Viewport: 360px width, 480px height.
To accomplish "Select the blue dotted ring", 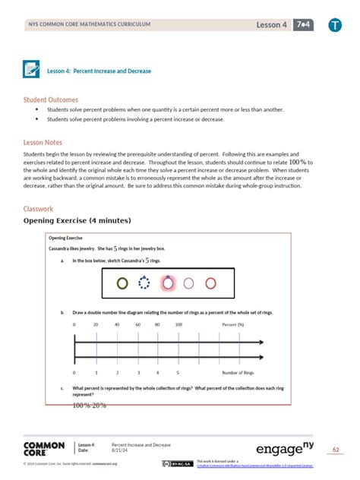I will click(x=145, y=283).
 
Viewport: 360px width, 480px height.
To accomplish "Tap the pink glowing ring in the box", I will click(x=168, y=283).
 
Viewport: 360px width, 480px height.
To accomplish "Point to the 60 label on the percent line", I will click(x=137, y=324).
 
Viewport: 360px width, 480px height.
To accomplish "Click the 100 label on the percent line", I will click(x=178, y=324).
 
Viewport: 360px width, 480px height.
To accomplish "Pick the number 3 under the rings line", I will click(x=137, y=373).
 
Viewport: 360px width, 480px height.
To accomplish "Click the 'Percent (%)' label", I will click(x=233, y=324).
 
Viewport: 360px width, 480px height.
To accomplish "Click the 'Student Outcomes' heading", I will click(x=51, y=99).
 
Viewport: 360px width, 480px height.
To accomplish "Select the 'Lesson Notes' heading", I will click(x=43, y=142).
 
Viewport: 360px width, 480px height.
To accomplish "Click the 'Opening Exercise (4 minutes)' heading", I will click(x=77, y=220).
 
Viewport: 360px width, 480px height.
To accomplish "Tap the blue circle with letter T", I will click(x=335, y=26).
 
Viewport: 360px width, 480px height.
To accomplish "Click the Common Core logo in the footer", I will click(x=44, y=448).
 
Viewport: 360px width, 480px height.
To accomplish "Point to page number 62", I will click(x=336, y=449).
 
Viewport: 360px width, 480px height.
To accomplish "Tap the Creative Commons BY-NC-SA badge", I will click(x=177, y=463).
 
